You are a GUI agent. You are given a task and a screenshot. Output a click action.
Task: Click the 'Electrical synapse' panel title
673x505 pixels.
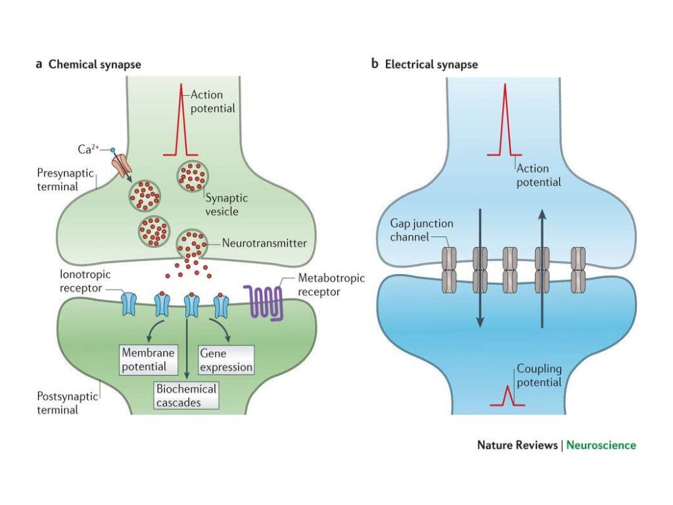(x=431, y=64)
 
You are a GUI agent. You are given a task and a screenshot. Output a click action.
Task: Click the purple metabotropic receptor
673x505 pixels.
(x=264, y=302)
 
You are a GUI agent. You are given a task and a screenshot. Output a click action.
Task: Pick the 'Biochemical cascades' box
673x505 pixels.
(x=186, y=396)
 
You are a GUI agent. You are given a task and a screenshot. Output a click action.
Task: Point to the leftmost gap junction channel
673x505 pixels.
(x=449, y=269)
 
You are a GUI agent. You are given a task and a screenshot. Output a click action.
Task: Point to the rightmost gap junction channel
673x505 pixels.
(x=578, y=269)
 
